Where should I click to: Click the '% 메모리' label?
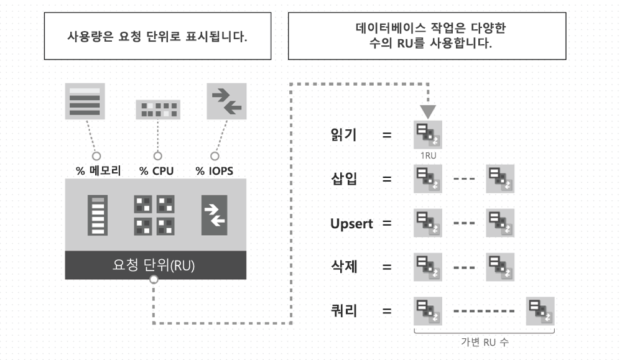pos(98,171)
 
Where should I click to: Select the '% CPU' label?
pos(156,171)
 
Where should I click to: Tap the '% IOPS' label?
pos(214,171)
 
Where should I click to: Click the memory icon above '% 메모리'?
pos(85,101)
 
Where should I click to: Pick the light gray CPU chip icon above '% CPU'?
pos(158,109)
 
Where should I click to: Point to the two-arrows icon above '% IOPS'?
pos(226,101)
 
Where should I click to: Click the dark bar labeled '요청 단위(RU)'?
pos(155,265)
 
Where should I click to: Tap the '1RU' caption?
pos(429,155)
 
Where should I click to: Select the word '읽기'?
pos(344,135)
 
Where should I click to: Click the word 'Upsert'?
pos(351,224)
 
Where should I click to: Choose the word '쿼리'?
pos(344,310)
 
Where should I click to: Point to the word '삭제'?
pos(344,267)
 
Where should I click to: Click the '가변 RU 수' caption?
pos(485,342)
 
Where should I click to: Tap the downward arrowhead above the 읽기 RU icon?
pos(428,111)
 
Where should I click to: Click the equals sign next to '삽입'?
pos(387,179)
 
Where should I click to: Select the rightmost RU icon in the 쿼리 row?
pos(541,312)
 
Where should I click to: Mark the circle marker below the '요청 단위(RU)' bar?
pos(154,280)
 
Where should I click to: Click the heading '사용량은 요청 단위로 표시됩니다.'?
pos(157,37)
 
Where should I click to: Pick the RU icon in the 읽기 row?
pos(428,135)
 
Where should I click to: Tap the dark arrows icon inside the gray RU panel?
pos(214,215)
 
